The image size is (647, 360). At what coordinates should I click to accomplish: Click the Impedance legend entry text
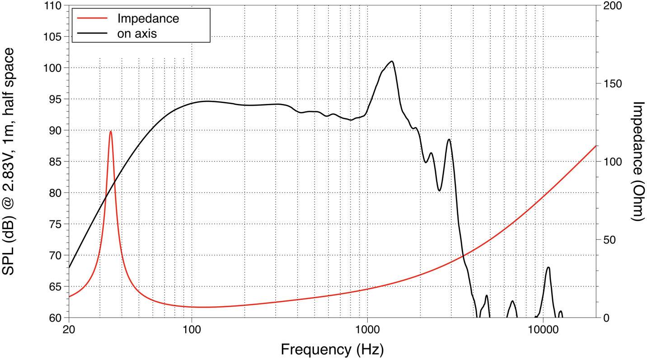click(148, 19)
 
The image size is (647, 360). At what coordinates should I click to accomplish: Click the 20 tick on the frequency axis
click(69, 329)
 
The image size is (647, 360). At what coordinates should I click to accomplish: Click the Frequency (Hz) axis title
click(332, 349)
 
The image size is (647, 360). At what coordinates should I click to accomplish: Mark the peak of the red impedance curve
click(111, 131)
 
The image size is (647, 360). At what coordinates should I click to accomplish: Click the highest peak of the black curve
click(392, 61)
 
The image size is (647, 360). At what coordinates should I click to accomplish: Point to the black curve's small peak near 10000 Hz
click(548, 267)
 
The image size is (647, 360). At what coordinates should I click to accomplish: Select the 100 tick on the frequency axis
click(192, 329)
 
